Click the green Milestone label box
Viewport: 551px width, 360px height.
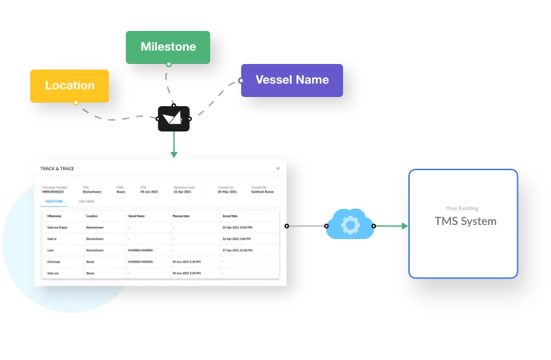[168, 47]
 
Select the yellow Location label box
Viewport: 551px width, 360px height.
[70, 86]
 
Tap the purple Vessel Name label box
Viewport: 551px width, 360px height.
[292, 80]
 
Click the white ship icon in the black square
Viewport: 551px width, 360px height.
[174, 118]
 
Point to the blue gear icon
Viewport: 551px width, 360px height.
[350, 226]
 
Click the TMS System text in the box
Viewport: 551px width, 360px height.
[465, 221]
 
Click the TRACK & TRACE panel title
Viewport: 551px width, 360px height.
[57, 169]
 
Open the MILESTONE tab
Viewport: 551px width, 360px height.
[54, 201]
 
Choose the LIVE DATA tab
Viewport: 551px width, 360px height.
[86, 201]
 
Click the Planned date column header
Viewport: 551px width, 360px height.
[182, 216]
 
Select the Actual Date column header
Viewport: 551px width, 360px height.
[231, 216]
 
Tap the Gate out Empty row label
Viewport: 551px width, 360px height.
[57, 227]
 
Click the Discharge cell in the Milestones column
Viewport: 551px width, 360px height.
[53, 261]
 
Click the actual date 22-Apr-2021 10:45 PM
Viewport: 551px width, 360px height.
[238, 227]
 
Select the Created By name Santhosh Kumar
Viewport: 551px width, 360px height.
[263, 191]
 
